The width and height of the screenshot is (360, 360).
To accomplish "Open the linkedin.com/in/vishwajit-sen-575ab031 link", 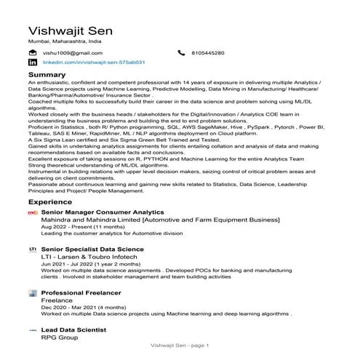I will click(x=95, y=63).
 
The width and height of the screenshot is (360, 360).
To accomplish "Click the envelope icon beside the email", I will click(x=32, y=53).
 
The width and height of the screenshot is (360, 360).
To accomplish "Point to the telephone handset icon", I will click(x=182, y=53).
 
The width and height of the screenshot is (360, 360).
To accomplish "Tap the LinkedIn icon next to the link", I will click(x=32, y=63).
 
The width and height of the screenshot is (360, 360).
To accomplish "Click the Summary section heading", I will click(x=47, y=75).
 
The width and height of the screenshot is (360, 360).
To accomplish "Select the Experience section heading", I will click(x=50, y=201).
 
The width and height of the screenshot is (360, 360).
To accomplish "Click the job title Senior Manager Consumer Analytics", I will click(x=103, y=212).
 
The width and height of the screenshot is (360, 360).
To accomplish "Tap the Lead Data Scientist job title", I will click(x=74, y=329).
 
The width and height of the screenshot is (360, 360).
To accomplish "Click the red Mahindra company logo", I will click(x=31, y=213).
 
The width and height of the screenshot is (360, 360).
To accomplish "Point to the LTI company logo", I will click(x=32, y=249).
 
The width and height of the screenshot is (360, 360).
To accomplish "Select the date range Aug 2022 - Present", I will click(x=83, y=227).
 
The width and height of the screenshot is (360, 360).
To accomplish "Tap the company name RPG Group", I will click(x=59, y=338).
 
